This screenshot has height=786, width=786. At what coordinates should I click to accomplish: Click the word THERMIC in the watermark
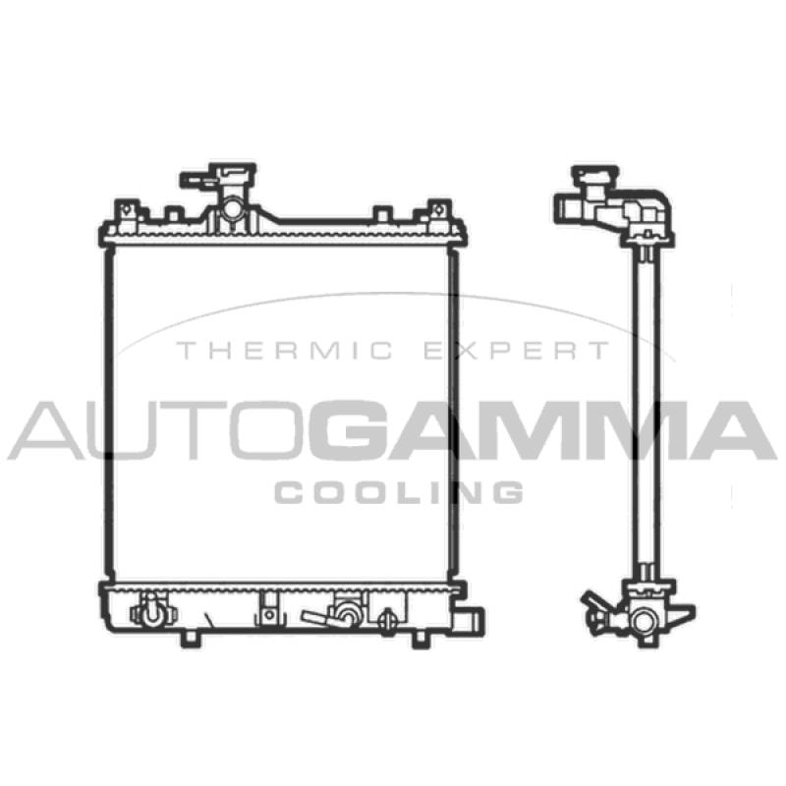click(285, 351)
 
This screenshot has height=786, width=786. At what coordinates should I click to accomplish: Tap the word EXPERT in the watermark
click(517, 351)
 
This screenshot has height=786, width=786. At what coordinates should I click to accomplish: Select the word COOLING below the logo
click(399, 492)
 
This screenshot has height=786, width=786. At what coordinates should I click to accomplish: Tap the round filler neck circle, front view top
click(232, 207)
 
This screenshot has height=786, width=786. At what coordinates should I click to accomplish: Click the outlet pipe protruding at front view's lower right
click(472, 622)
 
